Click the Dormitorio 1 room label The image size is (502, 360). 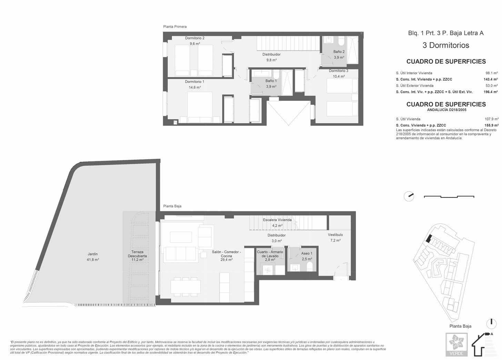point(194,82)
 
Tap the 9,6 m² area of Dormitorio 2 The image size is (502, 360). point(194,44)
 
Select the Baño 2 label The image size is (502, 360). point(339,52)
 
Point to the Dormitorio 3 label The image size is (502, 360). point(338,71)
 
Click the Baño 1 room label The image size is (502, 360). point(271,81)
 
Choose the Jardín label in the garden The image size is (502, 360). point(93,254)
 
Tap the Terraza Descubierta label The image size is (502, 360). point(137,254)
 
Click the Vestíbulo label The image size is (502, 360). point(335,235)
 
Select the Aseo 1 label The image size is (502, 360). point(307,253)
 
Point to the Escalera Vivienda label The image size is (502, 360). point(277,220)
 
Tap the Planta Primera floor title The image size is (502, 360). point(175,27)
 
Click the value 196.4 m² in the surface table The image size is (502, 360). point(491,92)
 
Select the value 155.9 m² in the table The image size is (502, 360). point(491,126)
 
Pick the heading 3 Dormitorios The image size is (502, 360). point(446,45)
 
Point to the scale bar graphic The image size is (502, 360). point(449,197)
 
